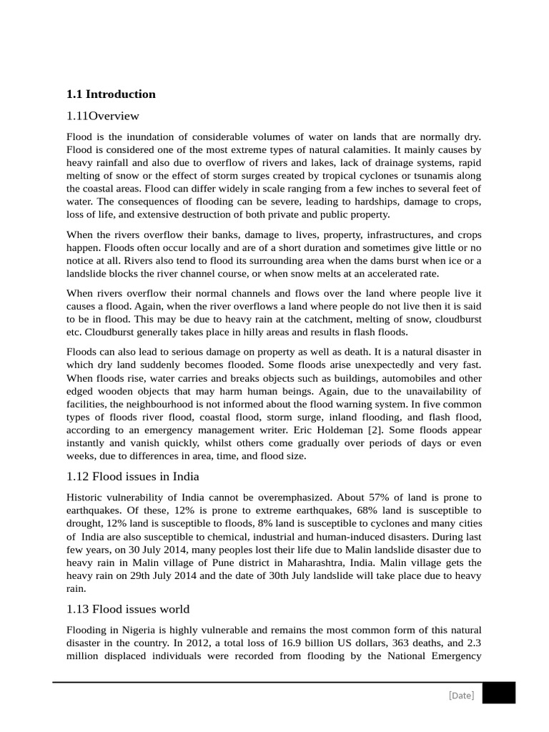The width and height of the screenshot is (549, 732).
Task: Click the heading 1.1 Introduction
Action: (111, 94)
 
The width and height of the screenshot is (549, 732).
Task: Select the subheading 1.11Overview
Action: (102, 116)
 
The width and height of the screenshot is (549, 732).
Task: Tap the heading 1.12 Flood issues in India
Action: (132, 476)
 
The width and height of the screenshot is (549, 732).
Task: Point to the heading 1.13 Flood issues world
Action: (127, 609)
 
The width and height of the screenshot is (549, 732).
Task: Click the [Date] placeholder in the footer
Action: (461, 695)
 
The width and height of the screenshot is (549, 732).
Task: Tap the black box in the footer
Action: (498, 693)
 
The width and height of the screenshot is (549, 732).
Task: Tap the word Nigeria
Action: (136, 630)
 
